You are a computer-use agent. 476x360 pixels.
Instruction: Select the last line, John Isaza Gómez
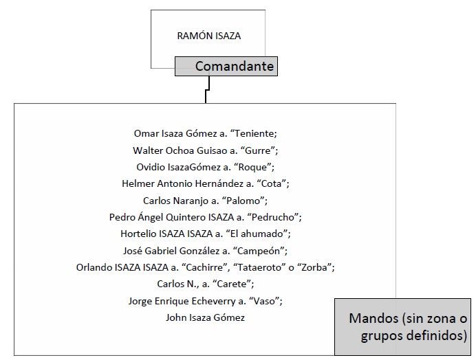[x=205, y=317]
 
